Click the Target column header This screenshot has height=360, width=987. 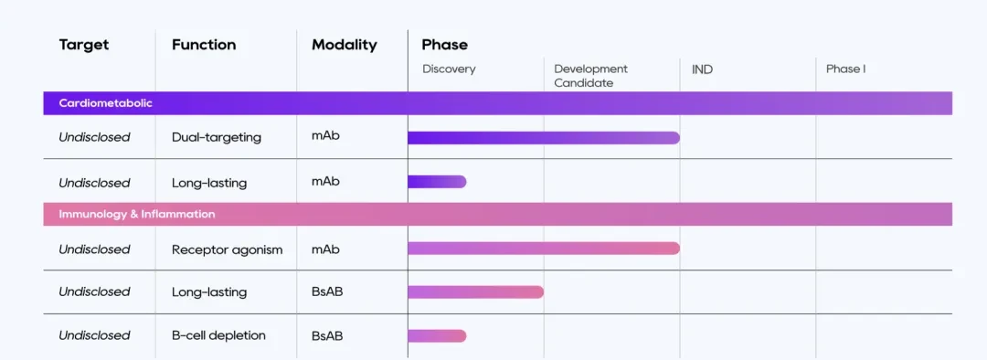point(84,45)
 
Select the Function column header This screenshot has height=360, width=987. point(204,45)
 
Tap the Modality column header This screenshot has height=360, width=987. point(345,46)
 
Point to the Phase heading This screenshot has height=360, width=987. point(444,45)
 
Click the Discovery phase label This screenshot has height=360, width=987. point(449,69)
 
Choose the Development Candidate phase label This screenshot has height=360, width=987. point(591,76)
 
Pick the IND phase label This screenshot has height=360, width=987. point(702,69)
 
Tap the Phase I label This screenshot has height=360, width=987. point(845,69)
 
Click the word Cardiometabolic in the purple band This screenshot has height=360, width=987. point(106,103)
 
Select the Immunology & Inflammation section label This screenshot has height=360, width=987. point(137,214)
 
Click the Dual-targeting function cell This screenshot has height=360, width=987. point(217,137)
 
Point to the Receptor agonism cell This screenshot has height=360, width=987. point(228,249)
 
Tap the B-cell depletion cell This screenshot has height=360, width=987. point(218,335)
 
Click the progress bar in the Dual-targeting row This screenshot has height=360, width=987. point(544,138)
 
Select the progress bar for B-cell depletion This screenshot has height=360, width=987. point(437,336)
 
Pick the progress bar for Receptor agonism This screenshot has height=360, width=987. point(544,249)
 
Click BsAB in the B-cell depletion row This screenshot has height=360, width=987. point(327,335)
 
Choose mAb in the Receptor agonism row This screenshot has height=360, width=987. point(325,249)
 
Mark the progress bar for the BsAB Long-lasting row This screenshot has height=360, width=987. point(476,292)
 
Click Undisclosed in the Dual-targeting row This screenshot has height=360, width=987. point(94,137)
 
